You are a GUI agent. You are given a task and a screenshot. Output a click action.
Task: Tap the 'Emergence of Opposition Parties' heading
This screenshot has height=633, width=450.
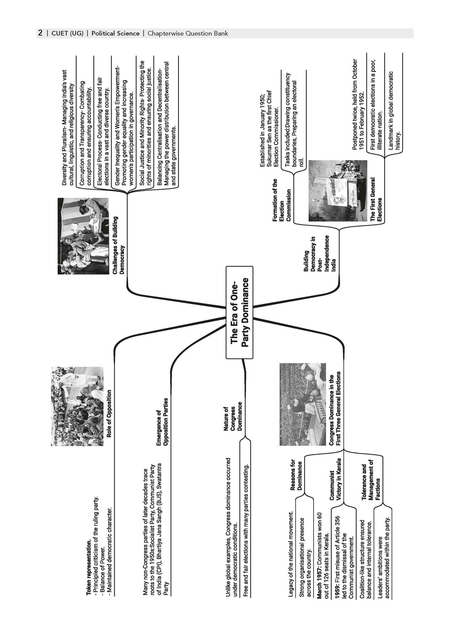point(162,422)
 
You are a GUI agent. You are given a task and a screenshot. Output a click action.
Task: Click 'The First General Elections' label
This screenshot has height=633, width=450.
point(376,199)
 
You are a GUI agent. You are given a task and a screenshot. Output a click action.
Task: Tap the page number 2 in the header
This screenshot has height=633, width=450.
point(40,33)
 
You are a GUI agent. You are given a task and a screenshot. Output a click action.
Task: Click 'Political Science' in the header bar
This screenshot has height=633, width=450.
point(115,33)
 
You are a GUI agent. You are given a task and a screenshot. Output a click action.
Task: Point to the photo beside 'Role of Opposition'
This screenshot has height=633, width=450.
point(77,406)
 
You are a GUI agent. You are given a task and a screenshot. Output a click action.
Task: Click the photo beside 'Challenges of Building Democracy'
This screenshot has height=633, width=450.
point(83,236)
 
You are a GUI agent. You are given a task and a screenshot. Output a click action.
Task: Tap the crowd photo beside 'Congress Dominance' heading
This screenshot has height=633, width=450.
point(303,404)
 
